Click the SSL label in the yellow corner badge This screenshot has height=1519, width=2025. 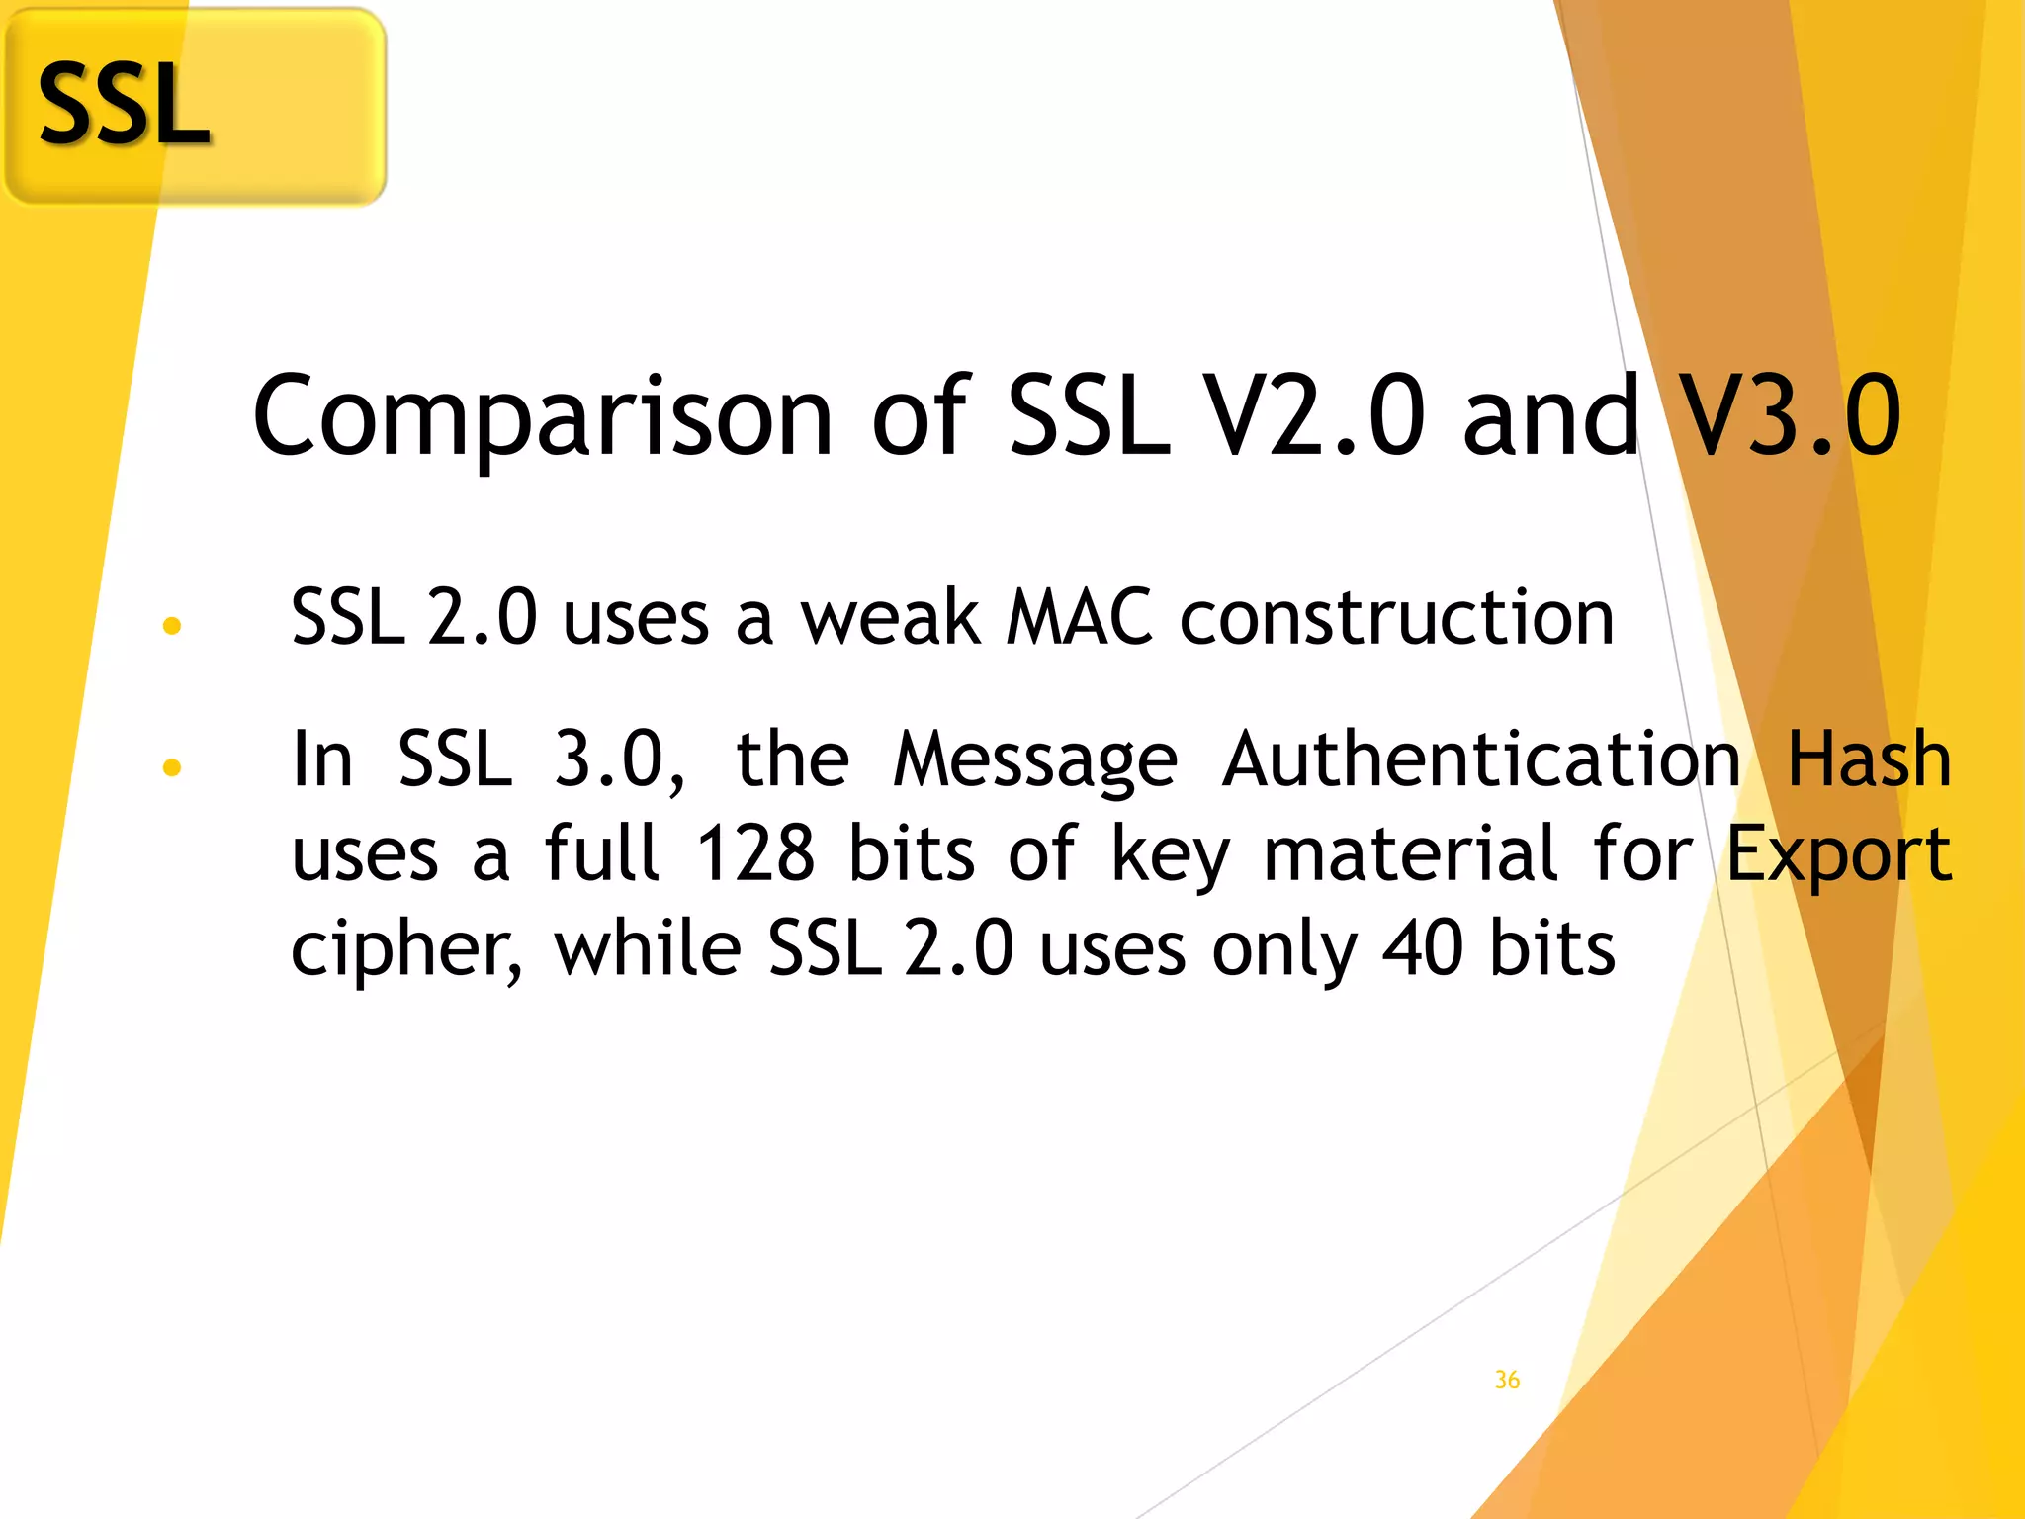point(124,105)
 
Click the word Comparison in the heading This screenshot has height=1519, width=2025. point(543,416)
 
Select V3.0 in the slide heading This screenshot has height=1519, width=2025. point(1791,416)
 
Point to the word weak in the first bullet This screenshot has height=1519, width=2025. point(890,618)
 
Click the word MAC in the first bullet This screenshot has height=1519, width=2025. point(1079,618)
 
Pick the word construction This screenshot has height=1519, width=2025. point(1397,618)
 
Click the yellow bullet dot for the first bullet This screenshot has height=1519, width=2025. point(172,625)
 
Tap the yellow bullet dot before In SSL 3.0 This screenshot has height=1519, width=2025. point(172,767)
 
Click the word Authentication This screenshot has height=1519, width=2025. point(1481,759)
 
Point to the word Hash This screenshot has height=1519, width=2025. point(1869,759)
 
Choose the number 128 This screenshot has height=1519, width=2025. point(755,853)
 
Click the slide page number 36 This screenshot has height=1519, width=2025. point(1507,1380)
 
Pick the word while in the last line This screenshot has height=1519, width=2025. point(648,948)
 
